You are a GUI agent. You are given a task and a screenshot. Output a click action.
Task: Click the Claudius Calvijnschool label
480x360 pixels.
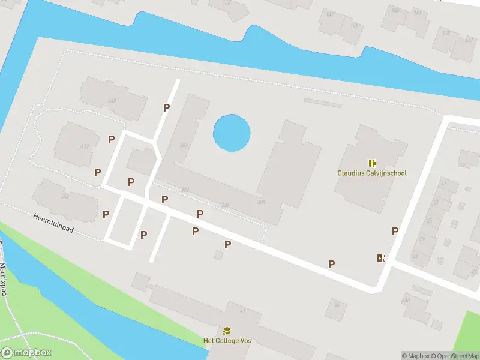(x=372, y=173)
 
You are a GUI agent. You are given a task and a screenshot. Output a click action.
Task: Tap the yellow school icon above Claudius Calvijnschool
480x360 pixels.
(x=372, y=163)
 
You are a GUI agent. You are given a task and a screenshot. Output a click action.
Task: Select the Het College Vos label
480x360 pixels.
(x=227, y=341)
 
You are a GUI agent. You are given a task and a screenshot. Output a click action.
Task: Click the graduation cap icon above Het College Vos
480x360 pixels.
(x=227, y=331)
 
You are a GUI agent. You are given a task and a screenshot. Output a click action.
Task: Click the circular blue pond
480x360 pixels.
(x=232, y=133)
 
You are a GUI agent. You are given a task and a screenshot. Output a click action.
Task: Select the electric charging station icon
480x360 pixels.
(x=380, y=259)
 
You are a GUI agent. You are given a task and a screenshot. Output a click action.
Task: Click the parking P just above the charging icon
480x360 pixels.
(x=395, y=231)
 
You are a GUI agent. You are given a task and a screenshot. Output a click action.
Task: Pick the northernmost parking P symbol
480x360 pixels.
(x=167, y=107)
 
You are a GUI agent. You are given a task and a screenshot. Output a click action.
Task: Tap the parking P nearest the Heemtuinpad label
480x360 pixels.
(x=106, y=214)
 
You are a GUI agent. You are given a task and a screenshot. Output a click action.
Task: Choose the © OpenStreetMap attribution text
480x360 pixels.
(x=454, y=356)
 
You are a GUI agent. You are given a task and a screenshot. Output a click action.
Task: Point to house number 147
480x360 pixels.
(x=329, y=13)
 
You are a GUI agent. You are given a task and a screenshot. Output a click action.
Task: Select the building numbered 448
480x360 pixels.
(x=112, y=101)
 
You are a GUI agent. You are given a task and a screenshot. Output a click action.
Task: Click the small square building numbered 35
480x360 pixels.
(x=337, y=305)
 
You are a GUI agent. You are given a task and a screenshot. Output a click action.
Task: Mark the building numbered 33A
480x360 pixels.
(x=407, y=299)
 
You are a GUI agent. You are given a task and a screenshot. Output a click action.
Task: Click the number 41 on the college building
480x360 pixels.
(x=243, y=310)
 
